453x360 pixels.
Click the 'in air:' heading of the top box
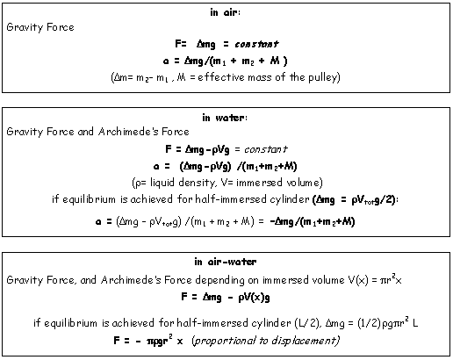click(x=225, y=12)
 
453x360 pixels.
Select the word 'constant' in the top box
click(x=256, y=44)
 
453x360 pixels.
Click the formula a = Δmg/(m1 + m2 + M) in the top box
click(x=226, y=61)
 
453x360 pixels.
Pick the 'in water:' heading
click(x=225, y=118)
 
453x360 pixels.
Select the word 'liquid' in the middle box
click(x=162, y=183)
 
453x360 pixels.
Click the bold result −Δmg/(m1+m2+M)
click(x=313, y=221)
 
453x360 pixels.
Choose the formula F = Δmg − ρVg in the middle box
click(x=198, y=149)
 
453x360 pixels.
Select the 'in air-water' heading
click(x=226, y=262)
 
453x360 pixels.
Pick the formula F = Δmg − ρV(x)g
click(x=226, y=298)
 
